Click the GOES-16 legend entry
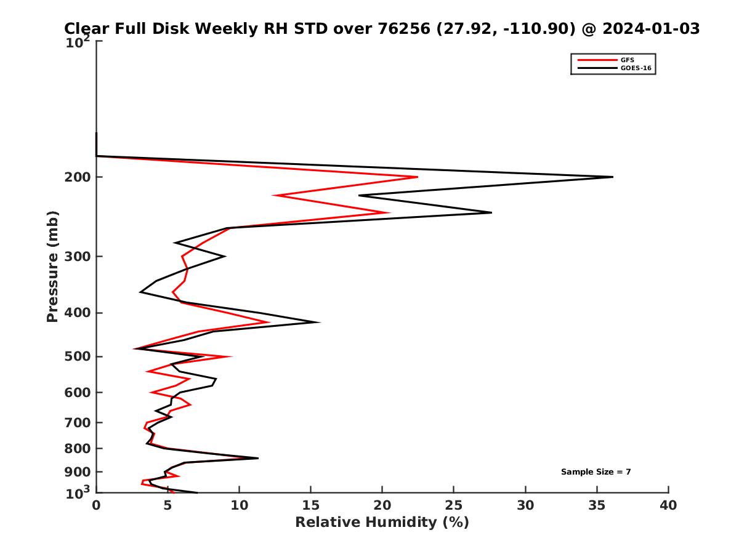click(x=635, y=68)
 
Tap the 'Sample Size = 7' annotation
click(x=596, y=472)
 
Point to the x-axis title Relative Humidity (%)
click(x=382, y=523)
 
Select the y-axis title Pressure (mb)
click(x=52, y=266)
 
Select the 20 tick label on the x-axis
click(x=382, y=505)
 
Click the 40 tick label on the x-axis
click(x=668, y=505)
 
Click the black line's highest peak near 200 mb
click(x=613, y=177)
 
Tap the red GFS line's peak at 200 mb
click(x=418, y=177)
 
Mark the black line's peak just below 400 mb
click(x=320, y=322)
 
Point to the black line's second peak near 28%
click(x=491, y=212)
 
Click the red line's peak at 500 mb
click(x=231, y=356)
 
